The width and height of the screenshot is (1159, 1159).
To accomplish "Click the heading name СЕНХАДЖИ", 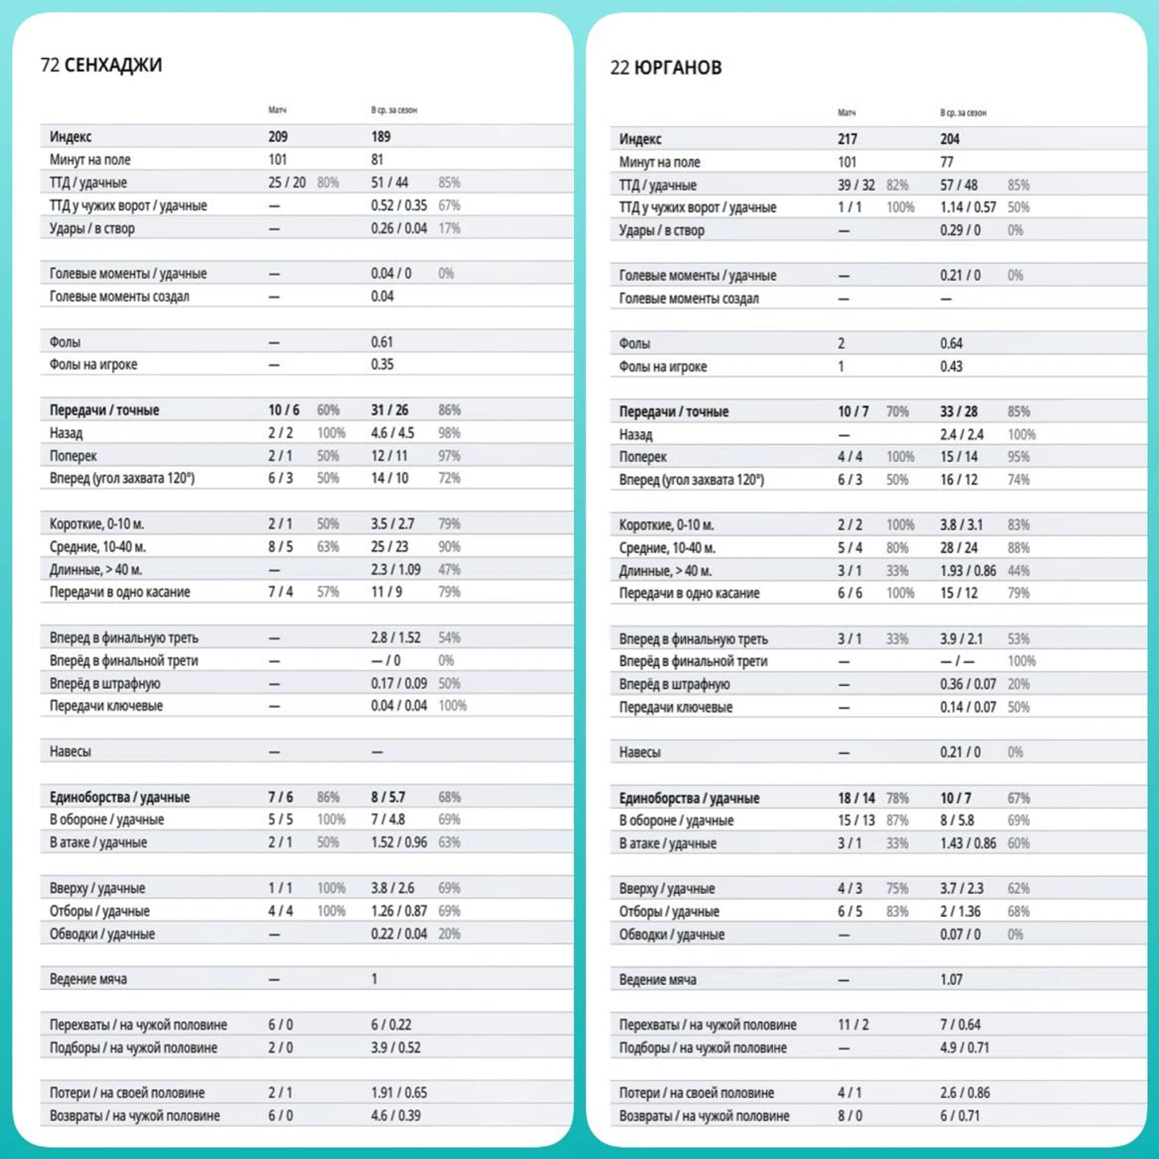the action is click(113, 65).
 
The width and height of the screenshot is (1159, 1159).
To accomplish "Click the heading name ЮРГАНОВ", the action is click(678, 67).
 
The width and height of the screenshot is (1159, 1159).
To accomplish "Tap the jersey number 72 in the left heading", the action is click(50, 65).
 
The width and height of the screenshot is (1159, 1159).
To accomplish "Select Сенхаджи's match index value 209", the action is click(278, 137).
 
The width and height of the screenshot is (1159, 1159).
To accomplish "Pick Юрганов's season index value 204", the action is click(949, 139).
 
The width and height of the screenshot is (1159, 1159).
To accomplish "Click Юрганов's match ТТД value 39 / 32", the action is click(856, 185).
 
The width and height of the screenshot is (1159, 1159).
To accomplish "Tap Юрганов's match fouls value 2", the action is click(841, 344).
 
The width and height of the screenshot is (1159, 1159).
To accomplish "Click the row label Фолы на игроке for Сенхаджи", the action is click(93, 364).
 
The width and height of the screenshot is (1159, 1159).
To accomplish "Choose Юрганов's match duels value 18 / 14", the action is click(856, 798).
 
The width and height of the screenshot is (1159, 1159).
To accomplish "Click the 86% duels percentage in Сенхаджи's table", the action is click(328, 797).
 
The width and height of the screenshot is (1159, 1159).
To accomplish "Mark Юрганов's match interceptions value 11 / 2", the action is click(853, 1024).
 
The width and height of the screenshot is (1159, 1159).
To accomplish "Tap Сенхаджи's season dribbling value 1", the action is click(374, 979).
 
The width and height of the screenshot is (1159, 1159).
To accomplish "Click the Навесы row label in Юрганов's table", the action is click(639, 753).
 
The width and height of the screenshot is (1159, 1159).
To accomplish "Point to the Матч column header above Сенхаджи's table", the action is click(277, 110).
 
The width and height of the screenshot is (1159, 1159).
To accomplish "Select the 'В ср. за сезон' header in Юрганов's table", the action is click(963, 113).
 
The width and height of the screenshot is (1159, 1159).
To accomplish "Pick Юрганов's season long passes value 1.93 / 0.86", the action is click(968, 571).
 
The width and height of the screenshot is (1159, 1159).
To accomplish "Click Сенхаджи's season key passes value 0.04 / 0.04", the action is click(399, 706).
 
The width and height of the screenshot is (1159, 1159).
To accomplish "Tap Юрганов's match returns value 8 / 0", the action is click(850, 1115).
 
